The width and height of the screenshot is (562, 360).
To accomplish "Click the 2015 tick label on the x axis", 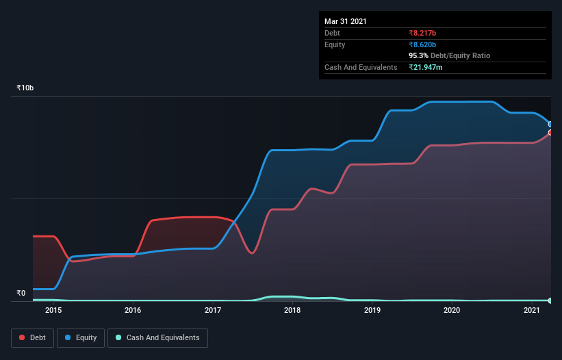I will click(53, 310).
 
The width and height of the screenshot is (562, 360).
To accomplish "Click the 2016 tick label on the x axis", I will click(133, 310).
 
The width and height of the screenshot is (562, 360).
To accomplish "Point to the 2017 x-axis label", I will click(213, 310).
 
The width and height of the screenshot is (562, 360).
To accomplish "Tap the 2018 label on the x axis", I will click(292, 310).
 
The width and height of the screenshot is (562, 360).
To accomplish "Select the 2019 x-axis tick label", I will click(372, 310).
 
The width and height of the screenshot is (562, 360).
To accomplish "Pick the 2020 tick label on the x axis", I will click(452, 310).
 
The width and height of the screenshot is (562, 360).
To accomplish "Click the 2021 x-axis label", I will click(532, 310).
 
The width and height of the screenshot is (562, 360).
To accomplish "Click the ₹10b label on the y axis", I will click(25, 88).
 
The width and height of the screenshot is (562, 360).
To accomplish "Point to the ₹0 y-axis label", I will click(21, 293).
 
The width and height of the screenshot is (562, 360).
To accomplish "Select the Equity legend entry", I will click(81, 337).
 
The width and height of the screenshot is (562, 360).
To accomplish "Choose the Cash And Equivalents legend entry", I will click(157, 337).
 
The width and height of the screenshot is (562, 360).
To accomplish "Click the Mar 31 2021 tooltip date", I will click(346, 21).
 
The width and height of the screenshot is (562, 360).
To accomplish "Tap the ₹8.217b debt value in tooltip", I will click(422, 33).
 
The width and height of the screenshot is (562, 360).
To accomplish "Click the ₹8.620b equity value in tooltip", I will click(422, 44).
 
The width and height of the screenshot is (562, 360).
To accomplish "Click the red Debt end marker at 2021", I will click(550, 132).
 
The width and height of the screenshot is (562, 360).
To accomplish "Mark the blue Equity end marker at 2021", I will click(550, 125).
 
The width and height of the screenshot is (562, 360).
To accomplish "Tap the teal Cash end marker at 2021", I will click(550, 300).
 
